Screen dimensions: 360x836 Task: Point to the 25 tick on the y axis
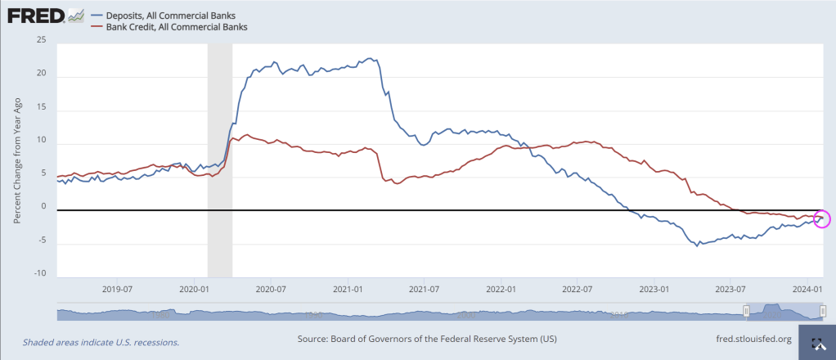pyautogui.click(x=42, y=40)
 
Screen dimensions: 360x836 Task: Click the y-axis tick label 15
pyautogui.click(x=42, y=107)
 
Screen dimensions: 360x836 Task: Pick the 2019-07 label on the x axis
pyautogui.click(x=117, y=289)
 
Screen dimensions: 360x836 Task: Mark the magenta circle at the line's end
pyautogui.click(x=822, y=218)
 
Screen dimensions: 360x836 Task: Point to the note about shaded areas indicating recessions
pyautogui.click(x=101, y=342)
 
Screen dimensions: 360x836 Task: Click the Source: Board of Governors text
pyautogui.click(x=428, y=339)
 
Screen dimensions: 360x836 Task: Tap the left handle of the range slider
pyautogui.click(x=746, y=312)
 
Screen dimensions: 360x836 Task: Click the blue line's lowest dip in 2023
pyautogui.click(x=698, y=245)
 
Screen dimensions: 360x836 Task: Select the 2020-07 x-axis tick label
pyautogui.click(x=271, y=289)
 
